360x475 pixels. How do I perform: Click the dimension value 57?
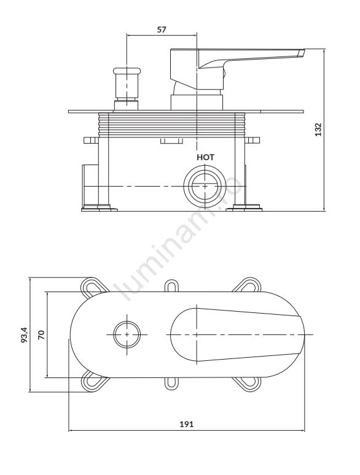click(162, 29)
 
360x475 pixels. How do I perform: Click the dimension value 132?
click(318, 129)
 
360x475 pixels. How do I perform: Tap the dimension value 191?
click(187, 424)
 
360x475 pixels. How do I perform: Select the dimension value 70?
click(41, 334)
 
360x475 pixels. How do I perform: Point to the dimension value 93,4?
click(24, 334)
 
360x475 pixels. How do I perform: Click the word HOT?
click(205, 157)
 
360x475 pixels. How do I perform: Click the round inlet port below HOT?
click(205, 186)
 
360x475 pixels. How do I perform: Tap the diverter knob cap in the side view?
click(127, 71)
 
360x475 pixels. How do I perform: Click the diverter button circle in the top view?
click(127, 334)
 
